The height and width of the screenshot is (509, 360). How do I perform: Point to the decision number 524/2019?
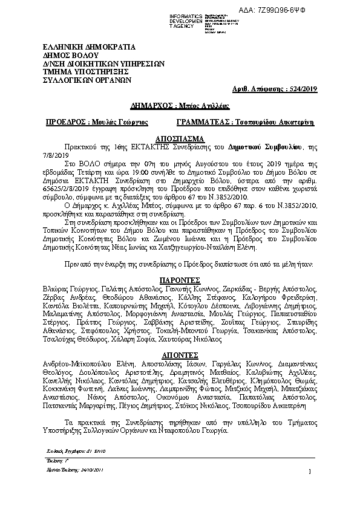coord(303,89)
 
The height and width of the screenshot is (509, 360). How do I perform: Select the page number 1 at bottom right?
coord(309,472)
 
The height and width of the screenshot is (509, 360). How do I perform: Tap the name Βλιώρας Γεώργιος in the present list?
coord(71,290)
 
